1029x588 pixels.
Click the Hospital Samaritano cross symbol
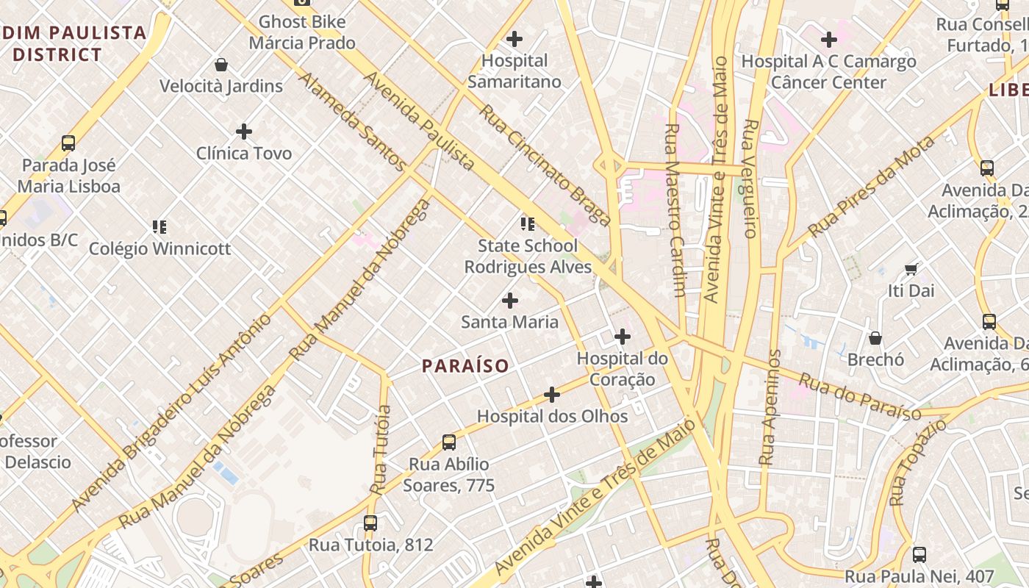(x=514, y=39)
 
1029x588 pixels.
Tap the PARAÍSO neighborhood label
(x=465, y=365)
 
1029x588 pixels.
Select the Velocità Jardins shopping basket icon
(x=220, y=65)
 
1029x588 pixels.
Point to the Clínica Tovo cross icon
(x=244, y=132)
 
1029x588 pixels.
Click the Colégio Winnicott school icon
(x=159, y=226)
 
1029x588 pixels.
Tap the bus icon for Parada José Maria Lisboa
(x=68, y=143)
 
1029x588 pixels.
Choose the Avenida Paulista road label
(x=419, y=121)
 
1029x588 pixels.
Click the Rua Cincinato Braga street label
(x=545, y=165)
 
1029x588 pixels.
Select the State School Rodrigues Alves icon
(x=528, y=223)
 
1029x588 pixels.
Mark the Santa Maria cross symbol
(x=509, y=301)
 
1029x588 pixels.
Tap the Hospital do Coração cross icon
(x=623, y=337)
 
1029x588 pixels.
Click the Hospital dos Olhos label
(x=552, y=416)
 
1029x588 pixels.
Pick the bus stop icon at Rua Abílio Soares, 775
(x=449, y=442)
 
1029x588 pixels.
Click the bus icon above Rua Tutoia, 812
(x=370, y=523)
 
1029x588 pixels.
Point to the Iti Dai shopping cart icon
(x=911, y=269)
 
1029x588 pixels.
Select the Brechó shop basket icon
(x=875, y=338)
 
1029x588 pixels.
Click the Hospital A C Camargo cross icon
(x=829, y=39)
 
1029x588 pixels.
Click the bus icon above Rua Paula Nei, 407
(x=919, y=555)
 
